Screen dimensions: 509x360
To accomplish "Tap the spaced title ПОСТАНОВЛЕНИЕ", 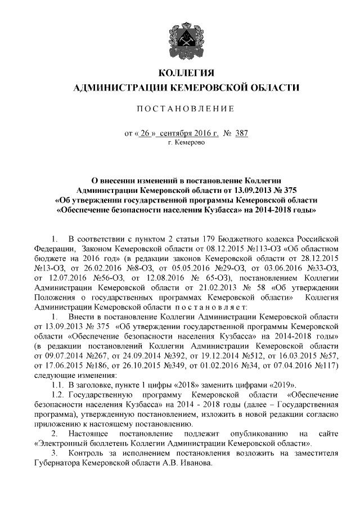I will click(186, 108).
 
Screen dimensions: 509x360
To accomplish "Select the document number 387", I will click(240, 133).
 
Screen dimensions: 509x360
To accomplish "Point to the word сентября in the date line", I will click(176, 133).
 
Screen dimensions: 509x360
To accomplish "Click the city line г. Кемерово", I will click(187, 143).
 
